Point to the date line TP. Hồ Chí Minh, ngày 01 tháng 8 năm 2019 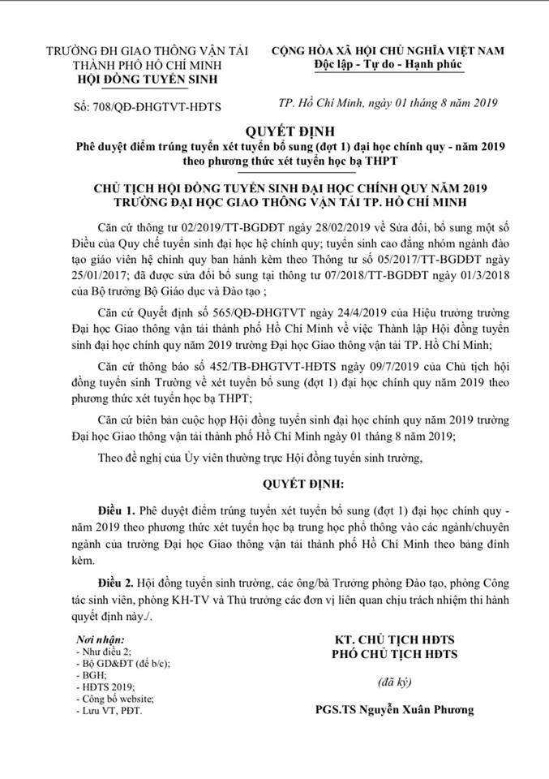point(388,103)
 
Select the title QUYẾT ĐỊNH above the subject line point(273,130)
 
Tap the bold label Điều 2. point(117,586)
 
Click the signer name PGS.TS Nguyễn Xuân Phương point(395,709)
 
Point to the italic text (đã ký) point(395,678)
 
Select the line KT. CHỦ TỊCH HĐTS point(396,639)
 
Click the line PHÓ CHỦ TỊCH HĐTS point(396,654)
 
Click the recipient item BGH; point(89,674)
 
